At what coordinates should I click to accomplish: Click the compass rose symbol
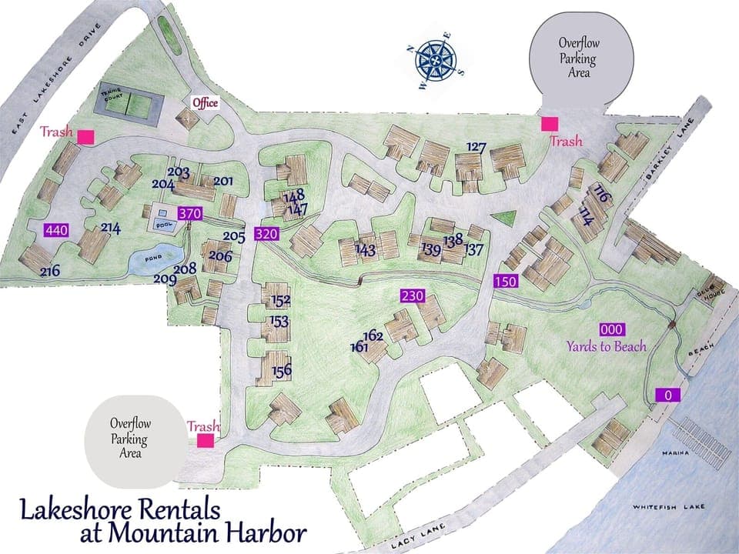[x=436, y=60]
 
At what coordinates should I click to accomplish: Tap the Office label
[x=206, y=102]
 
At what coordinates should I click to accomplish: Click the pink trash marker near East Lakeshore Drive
[x=85, y=137]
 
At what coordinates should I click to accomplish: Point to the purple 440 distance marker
[x=57, y=229]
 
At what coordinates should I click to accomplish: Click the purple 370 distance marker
[x=189, y=213]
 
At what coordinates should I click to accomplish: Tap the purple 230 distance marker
[x=412, y=295]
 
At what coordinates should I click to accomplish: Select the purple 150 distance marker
[x=505, y=282]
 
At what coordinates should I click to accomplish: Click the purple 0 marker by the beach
[x=668, y=395]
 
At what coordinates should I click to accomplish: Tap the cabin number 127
[x=477, y=147]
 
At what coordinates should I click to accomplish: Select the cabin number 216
[x=50, y=271]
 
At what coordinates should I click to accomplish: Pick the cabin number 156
[x=282, y=371]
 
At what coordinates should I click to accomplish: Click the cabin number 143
[x=366, y=249]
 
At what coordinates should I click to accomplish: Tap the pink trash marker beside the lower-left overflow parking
[x=205, y=440]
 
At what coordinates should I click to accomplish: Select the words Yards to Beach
[x=607, y=346]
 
